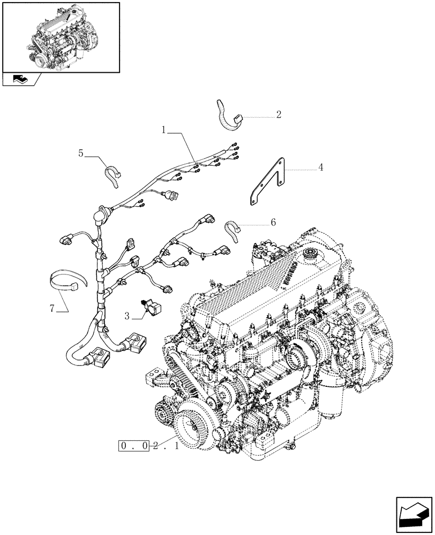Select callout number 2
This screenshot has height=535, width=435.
(279, 114)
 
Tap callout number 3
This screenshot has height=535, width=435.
(127, 316)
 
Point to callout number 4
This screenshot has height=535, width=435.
(320, 167)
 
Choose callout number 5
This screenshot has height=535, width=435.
(81, 154)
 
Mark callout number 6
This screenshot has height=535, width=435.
(273, 222)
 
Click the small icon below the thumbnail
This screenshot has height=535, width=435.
(21, 80)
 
